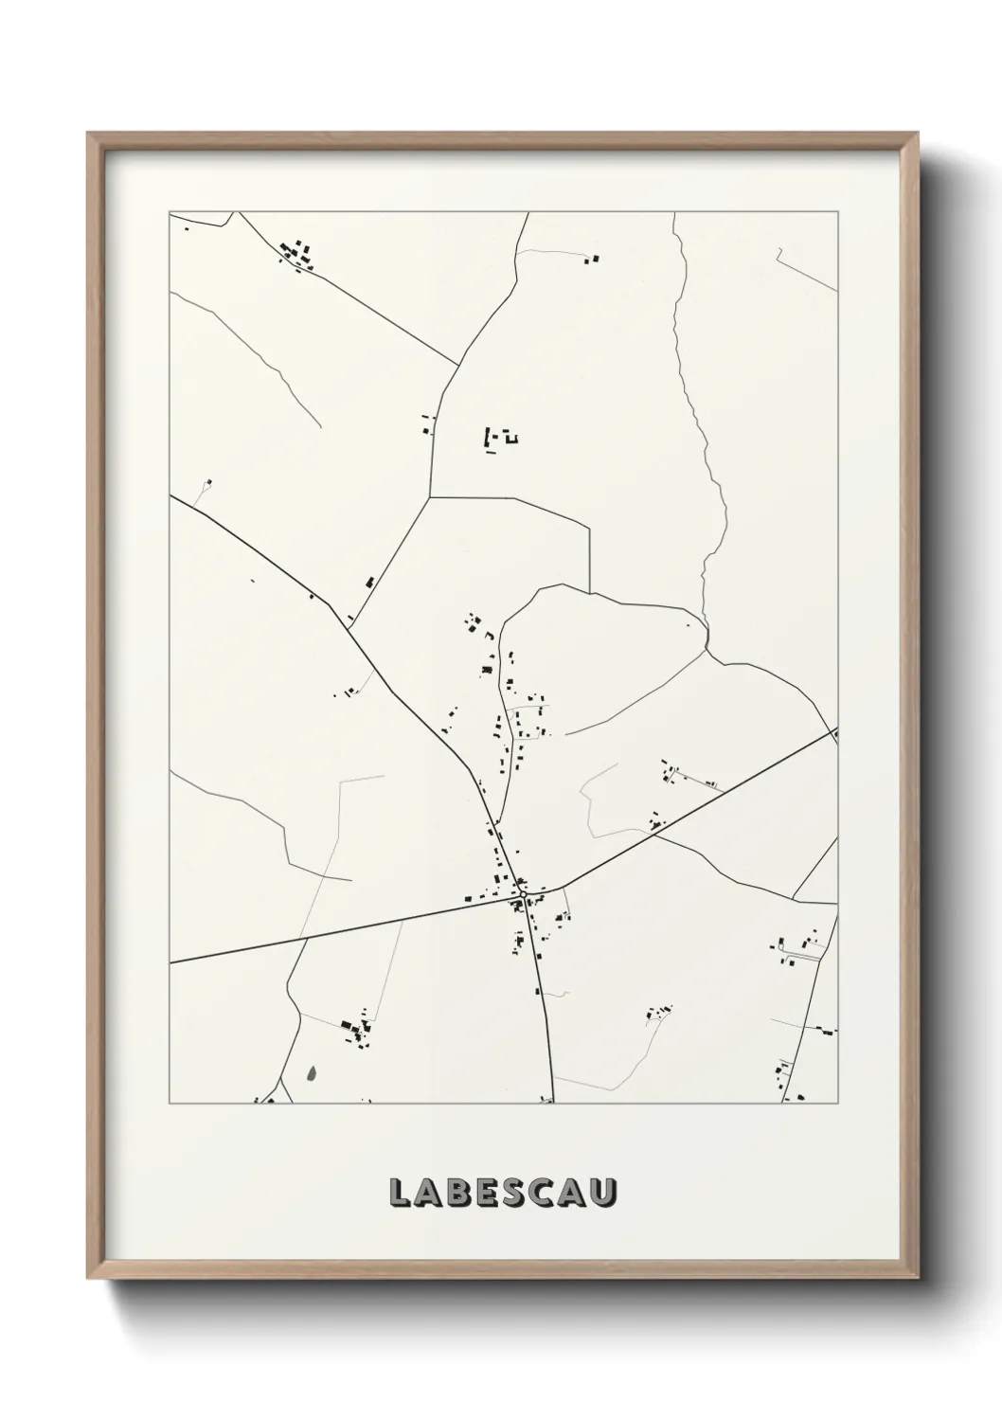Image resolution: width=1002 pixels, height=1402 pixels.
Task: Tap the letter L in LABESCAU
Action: tap(400, 1194)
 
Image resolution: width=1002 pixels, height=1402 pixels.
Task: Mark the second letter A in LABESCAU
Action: tap(577, 1194)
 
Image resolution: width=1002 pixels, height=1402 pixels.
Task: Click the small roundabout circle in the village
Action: tap(523, 893)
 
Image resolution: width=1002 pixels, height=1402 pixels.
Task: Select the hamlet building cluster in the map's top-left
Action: tap(297, 255)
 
